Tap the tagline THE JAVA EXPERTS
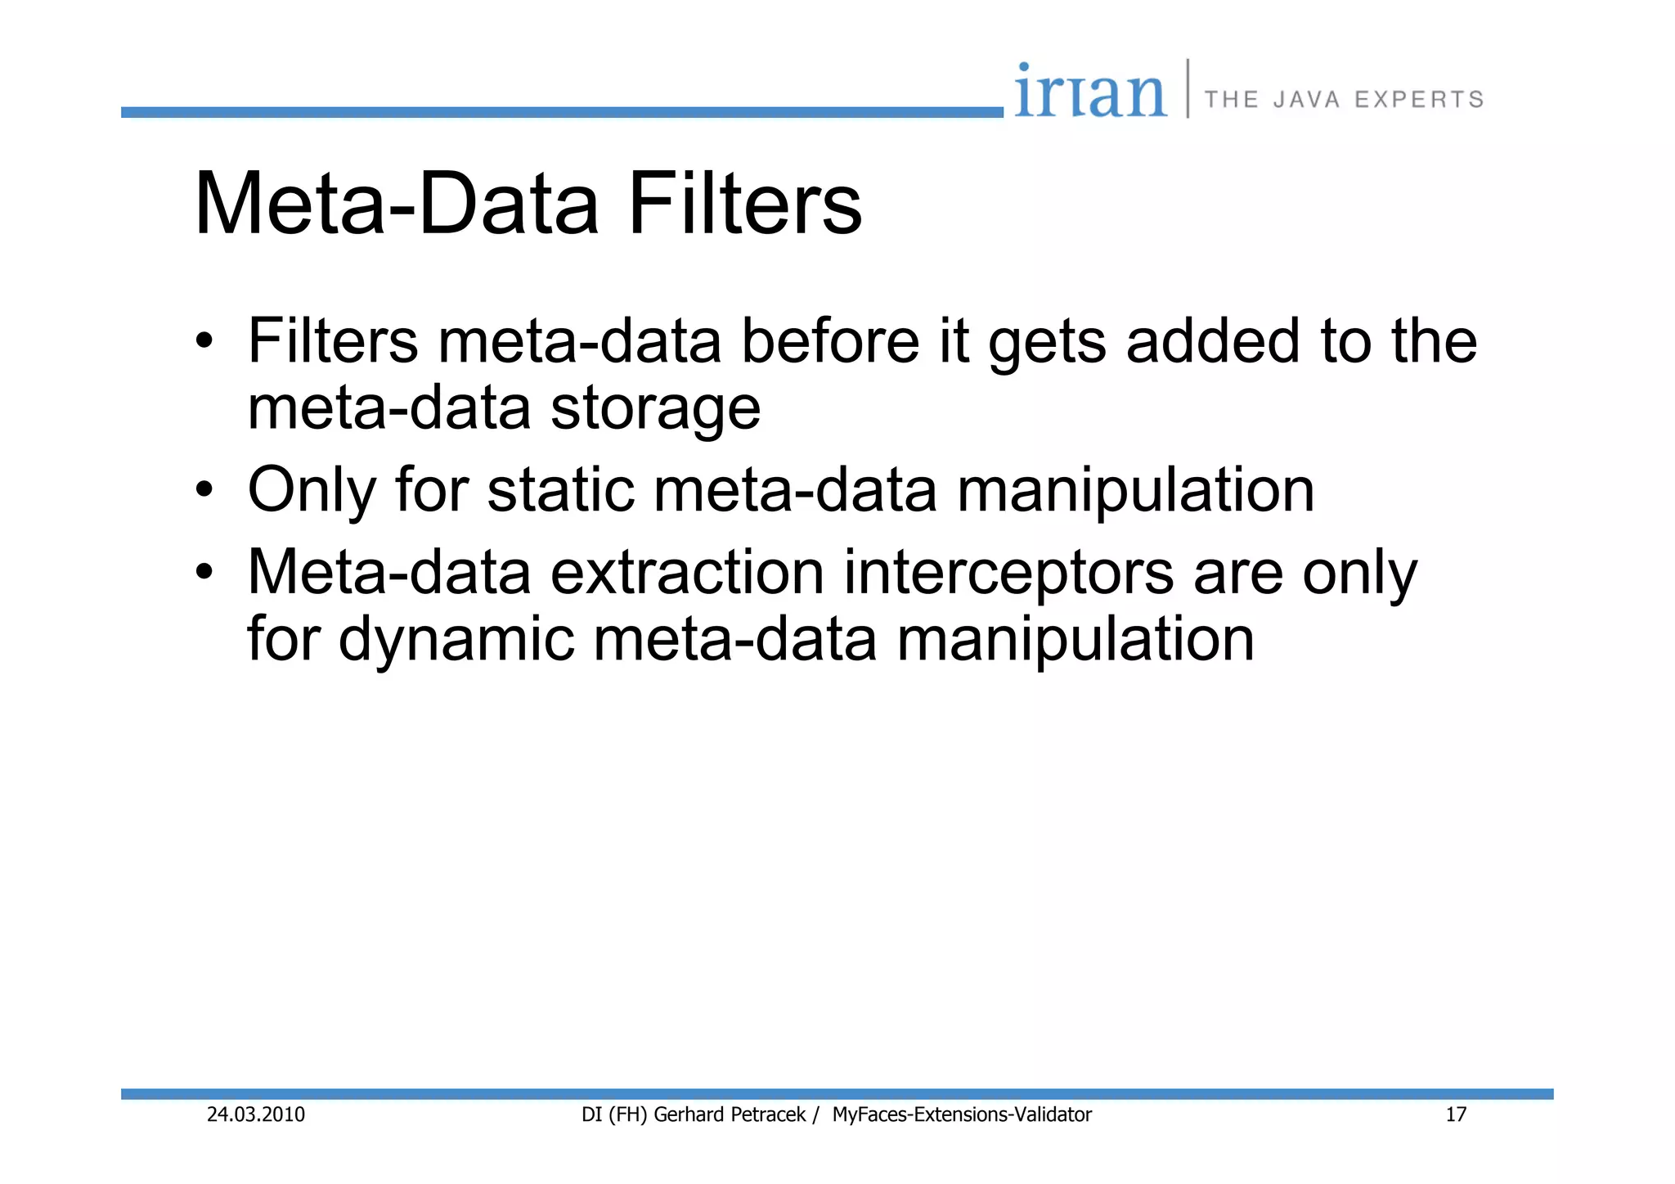pos(1344,100)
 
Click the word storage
pos(655,409)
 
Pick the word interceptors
pos(1008,573)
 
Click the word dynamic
pos(456,639)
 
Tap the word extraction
pos(687,572)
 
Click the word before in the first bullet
pos(829,341)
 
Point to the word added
pos(1212,341)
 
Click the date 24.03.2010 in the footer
pos(255,1114)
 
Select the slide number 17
pos(1456,1114)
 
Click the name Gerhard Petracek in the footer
pos(730,1114)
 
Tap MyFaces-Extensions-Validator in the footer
pos(962,1114)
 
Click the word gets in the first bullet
pos(1047,343)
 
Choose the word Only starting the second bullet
pos(312,491)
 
